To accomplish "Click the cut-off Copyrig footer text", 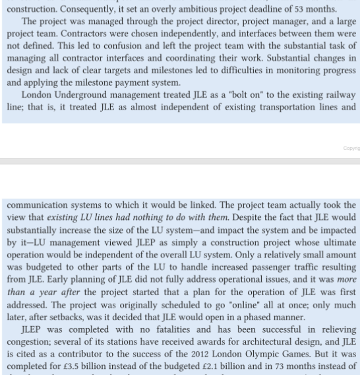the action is point(351,149).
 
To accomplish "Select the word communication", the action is point(39,205).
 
